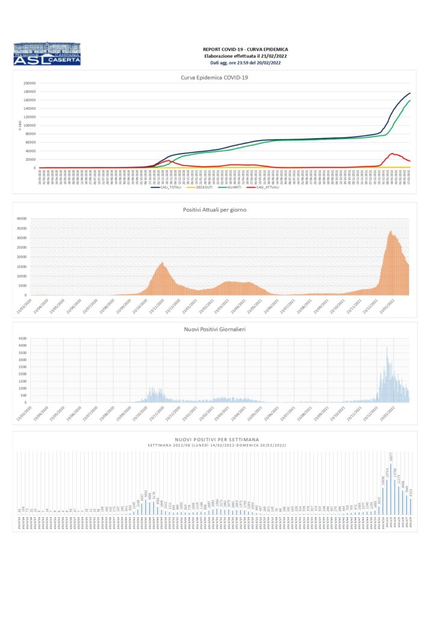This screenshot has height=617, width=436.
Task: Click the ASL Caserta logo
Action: point(46,53)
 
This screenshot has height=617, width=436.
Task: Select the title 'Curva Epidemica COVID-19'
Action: point(215,77)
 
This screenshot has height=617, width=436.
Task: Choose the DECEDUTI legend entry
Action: point(205,187)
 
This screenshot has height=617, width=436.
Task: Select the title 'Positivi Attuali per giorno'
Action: point(215,209)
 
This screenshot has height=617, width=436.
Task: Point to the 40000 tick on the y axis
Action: point(22,219)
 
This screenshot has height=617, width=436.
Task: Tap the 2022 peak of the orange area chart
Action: point(390,231)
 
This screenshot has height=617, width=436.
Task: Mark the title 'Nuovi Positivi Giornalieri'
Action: point(215,329)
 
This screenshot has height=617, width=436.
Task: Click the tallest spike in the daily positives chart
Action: point(387,347)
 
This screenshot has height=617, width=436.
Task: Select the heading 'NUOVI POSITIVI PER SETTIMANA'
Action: point(215,440)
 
